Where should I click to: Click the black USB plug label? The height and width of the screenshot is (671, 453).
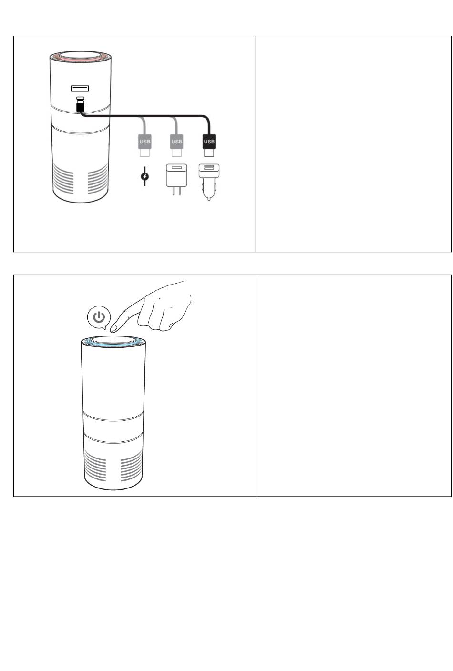(209, 142)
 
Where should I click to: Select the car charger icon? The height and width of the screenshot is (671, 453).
(209, 181)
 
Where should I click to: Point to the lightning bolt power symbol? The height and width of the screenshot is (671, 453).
(145, 176)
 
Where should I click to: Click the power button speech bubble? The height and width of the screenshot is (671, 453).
(99, 317)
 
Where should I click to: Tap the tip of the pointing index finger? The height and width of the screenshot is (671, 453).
(113, 329)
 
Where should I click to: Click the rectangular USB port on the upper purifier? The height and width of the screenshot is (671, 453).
(80, 88)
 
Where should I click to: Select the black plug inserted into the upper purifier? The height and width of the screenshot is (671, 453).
(80, 106)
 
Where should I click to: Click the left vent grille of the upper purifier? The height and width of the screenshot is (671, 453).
(63, 181)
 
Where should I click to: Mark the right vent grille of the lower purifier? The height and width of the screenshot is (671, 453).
(131, 466)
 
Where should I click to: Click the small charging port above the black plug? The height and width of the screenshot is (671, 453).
(80, 98)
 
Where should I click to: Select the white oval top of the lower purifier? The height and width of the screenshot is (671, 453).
(113, 339)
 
